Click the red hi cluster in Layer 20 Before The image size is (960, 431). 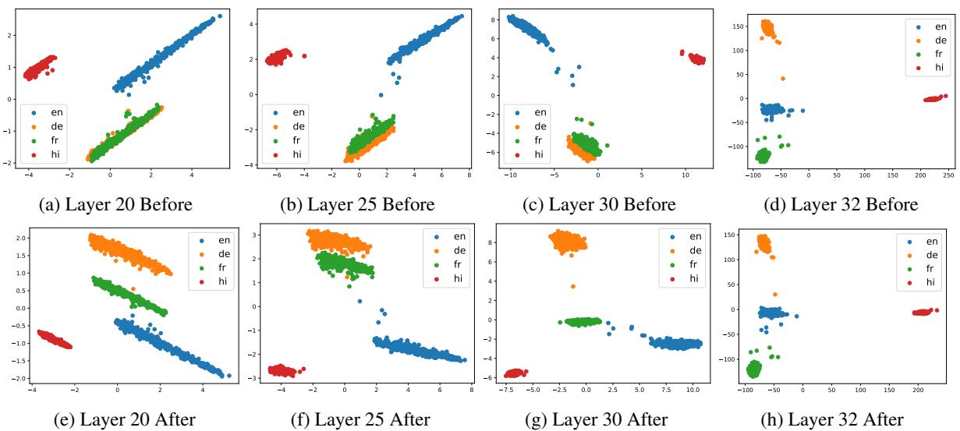click(40, 68)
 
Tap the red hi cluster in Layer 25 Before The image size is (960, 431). click(280, 57)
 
